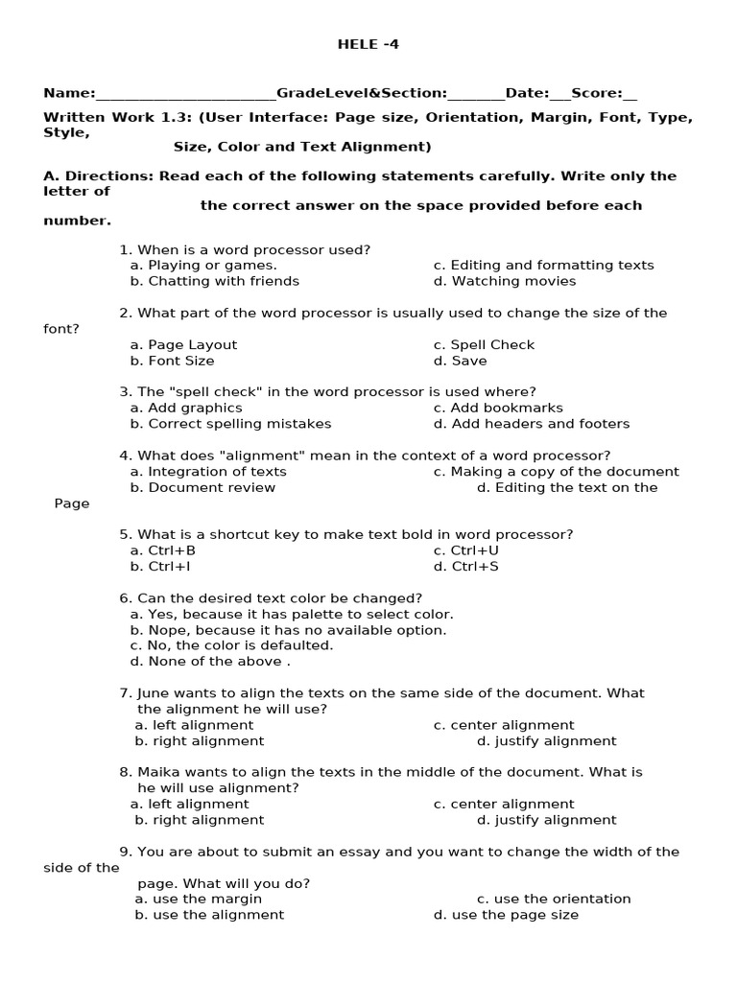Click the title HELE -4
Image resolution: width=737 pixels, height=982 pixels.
pos(368,44)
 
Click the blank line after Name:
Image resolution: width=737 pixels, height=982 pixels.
pos(185,94)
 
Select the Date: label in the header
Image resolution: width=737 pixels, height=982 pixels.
pos(527,93)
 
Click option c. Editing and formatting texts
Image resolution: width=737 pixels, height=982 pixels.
pos(543,266)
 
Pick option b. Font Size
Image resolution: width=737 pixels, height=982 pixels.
pos(173,361)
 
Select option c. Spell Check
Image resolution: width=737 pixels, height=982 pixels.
pos(484,345)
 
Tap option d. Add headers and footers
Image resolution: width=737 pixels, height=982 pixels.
pos(532,424)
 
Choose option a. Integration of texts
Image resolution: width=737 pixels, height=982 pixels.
pos(208,472)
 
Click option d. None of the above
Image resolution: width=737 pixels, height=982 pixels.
pos(209,662)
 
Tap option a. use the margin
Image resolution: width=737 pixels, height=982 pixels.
pos(199,900)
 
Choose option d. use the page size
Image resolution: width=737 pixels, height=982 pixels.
pos(506,915)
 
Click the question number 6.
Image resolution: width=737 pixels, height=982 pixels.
pos(125,598)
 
